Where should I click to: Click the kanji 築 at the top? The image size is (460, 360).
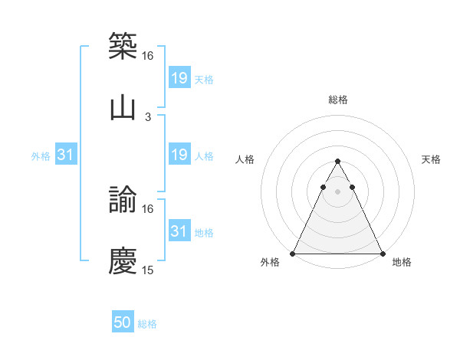tap(123, 45)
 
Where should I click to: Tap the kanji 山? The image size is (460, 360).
tap(123, 107)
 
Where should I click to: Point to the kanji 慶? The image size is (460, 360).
tap(123, 260)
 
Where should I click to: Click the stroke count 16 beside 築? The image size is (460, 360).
tap(148, 56)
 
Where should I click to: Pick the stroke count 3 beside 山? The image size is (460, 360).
tap(148, 117)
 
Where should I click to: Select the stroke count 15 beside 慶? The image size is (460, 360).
tap(148, 270)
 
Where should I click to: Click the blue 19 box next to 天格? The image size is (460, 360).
tap(179, 78)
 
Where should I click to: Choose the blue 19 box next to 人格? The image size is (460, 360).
tap(179, 155)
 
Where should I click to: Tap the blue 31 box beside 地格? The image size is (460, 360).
tap(179, 231)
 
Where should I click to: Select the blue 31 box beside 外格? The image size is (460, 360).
tap(66, 155)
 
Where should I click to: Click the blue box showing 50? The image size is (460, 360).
tap(123, 323)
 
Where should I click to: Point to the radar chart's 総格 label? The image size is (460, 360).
tap(337, 100)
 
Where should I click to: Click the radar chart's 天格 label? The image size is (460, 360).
tap(431, 159)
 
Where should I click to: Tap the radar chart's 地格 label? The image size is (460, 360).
tap(402, 263)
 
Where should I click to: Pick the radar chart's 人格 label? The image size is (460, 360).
tap(245, 159)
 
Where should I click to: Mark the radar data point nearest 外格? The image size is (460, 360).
tap(293, 254)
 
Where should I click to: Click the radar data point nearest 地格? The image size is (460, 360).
tap(382, 254)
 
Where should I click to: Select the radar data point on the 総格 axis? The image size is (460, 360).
tap(337, 162)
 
